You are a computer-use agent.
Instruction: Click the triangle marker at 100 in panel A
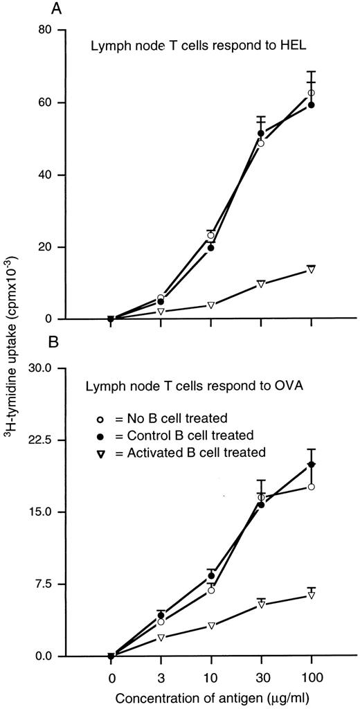(312, 269)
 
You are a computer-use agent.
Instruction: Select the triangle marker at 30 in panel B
(261, 604)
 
